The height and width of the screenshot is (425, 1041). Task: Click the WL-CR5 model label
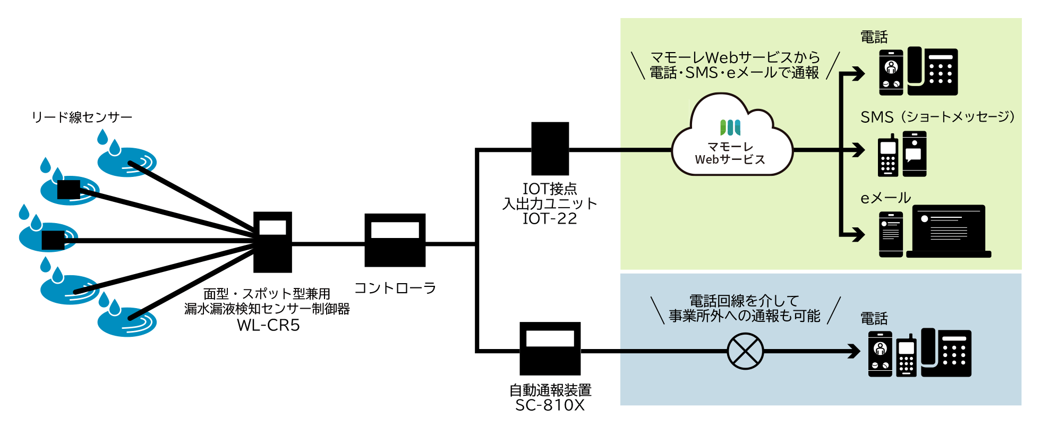coord(267,325)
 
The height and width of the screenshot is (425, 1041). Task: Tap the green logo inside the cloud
coord(730,127)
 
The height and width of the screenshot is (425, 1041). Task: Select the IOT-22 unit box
coord(550,149)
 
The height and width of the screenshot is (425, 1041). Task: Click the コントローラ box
coord(395,240)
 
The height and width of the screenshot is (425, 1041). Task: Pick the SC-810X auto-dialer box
coord(550,348)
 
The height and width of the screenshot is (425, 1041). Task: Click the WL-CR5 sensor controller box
coord(272,242)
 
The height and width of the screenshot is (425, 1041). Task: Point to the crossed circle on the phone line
coord(745,351)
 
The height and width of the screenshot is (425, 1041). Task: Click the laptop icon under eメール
coord(949,232)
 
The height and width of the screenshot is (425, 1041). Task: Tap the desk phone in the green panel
coord(933,72)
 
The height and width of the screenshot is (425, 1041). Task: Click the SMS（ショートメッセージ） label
coord(937,117)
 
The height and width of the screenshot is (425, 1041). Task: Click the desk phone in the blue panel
coord(946,353)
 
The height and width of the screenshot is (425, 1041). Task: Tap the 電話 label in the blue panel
coord(874,319)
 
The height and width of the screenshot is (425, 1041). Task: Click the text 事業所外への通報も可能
coord(744,316)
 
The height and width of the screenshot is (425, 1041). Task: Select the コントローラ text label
coord(395,288)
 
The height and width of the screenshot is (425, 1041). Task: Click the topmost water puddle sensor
coord(126,161)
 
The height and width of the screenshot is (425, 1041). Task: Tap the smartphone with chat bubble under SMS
coord(914,154)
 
